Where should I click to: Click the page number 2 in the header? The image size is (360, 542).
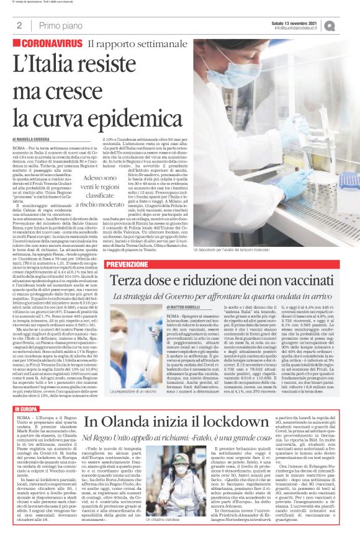tap(19, 25)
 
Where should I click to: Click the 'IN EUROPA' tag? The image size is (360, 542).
tap(24, 409)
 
